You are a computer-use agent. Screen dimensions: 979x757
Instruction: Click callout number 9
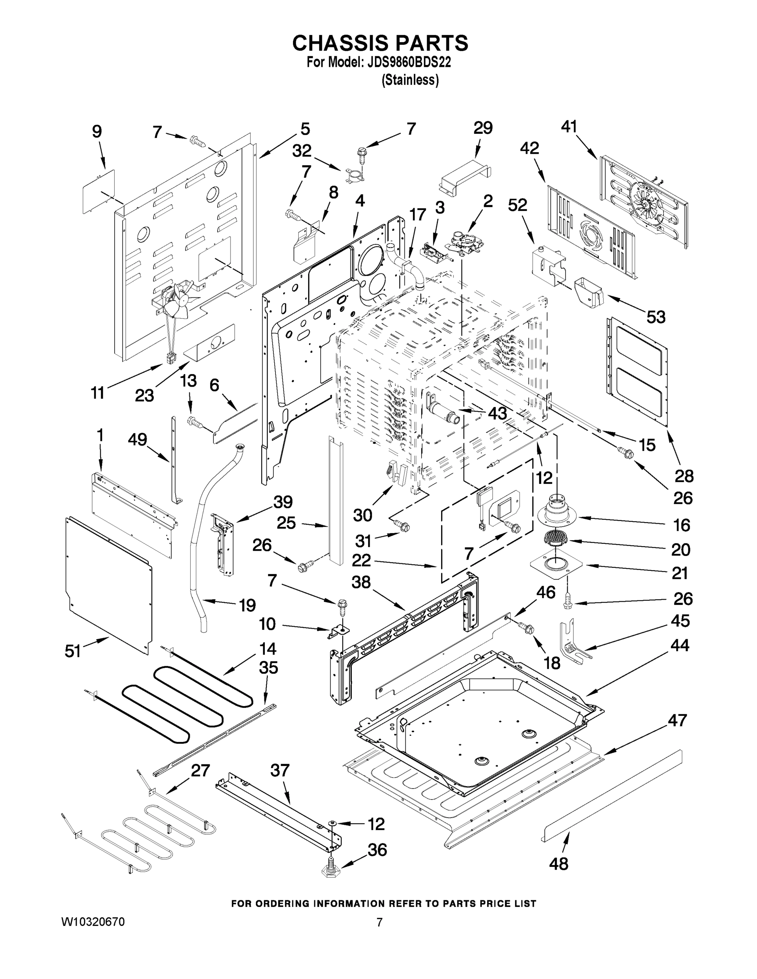(97, 131)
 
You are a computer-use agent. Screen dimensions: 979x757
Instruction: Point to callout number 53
(656, 317)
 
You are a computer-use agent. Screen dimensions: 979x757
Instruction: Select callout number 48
(558, 863)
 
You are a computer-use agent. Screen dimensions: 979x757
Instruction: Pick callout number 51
(73, 651)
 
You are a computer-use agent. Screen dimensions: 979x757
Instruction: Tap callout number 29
(483, 128)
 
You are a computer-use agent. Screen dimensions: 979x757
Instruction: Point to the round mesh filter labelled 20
(555, 537)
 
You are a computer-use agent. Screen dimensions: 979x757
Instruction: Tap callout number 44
(679, 645)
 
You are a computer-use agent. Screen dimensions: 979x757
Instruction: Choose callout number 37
(280, 771)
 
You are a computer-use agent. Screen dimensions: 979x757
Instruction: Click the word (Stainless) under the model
(410, 80)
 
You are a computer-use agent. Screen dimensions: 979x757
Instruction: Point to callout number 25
(286, 523)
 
